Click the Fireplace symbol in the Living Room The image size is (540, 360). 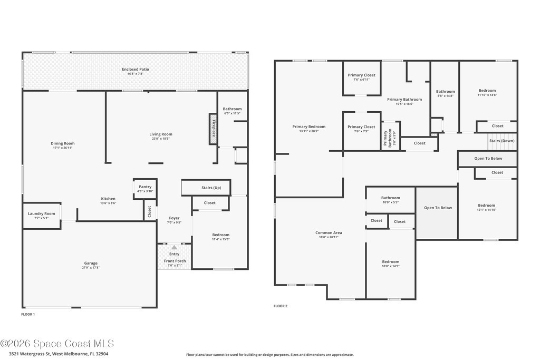(x=213, y=129)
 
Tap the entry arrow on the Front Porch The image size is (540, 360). (x=174, y=247)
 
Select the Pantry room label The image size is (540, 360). (x=145, y=187)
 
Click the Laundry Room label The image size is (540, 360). (x=41, y=213)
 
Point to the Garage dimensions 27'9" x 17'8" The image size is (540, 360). (x=91, y=267)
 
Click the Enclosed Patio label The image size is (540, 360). (x=136, y=69)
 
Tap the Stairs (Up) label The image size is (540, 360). (x=211, y=188)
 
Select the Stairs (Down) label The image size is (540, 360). (x=502, y=141)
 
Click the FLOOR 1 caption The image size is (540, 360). (x=28, y=314)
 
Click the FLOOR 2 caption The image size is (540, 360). (x=281, y=306)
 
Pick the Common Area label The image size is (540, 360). (x=329, y=232)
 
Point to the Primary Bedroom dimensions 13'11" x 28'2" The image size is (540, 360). (x=309, y=131)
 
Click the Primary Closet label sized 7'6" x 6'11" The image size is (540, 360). (x=361, y=75)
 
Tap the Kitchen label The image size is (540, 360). (x=108, y=199)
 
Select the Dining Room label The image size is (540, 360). (x=62, y=143)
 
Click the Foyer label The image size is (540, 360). (x=174, y=218)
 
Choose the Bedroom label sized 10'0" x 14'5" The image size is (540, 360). (x=391, y=261)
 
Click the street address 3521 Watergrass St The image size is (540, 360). (x=30, y=354)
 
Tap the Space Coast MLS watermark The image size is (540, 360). (x=57, y=344)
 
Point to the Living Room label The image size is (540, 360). (x=160, y=134)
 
